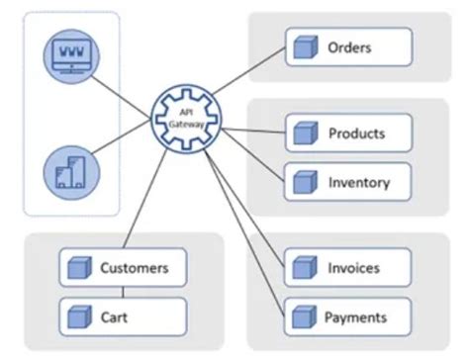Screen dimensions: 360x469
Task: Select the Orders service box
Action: [x=348, y=46]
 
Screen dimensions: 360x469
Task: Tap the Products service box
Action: [x=348, y=133]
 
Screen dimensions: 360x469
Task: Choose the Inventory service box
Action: [x=348, y=182]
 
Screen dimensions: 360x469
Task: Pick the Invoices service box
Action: [x=348, y=267]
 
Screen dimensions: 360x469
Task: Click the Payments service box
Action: [x=348, y=317]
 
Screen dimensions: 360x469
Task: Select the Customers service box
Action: [x=123, y=268]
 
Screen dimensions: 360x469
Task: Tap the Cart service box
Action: [x=123, y=317]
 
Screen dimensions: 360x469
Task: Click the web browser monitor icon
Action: [x=72, y=55]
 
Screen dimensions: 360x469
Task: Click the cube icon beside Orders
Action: [x=303, y=46]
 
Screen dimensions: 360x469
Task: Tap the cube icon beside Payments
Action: [x=303, y=317]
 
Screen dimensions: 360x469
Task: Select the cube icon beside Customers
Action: [x=78, y=268]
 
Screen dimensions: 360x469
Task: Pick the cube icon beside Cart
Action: [x=78, y=317]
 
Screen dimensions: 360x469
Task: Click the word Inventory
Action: [x=359, y=182]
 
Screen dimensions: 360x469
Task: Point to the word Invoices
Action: [x=353, y=267]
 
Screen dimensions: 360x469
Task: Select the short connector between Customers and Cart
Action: [x=123, y=293]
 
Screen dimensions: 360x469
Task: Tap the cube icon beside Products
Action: [x=303, y=133]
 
